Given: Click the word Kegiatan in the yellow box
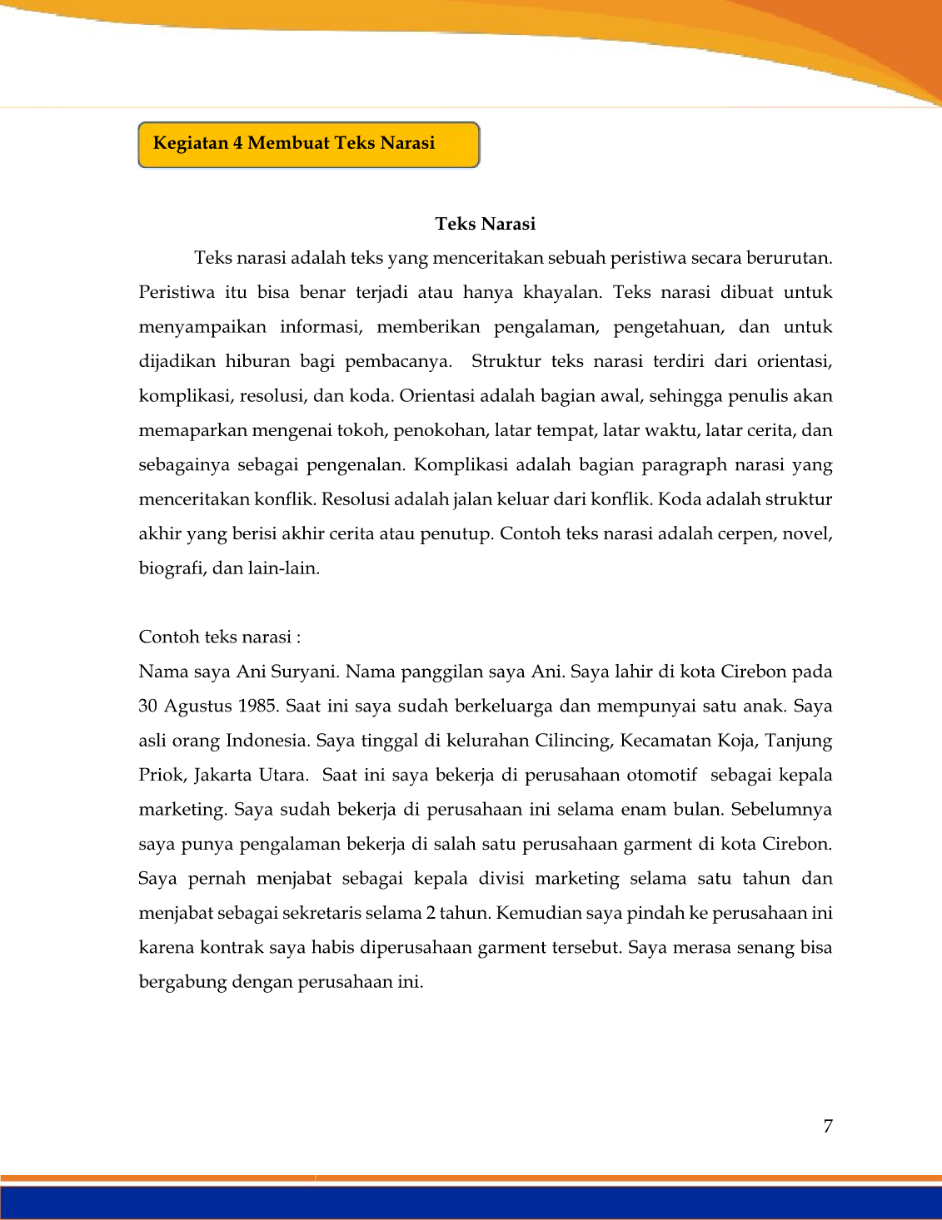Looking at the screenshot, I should (191, 143).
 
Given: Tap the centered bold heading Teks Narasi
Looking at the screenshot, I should (485, 224).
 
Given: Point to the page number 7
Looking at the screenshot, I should (828, 1126).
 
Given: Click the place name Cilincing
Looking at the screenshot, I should (572, 741).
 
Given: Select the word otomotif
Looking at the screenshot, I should (661, 775).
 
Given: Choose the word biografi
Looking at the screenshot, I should (170, 568).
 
